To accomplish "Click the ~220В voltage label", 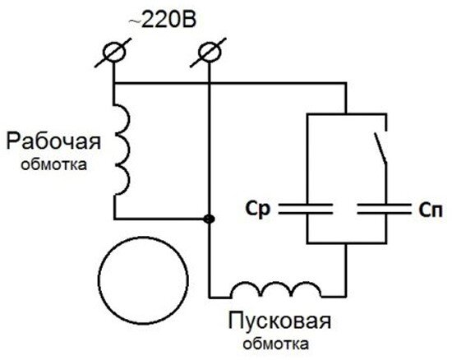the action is pos(162,21).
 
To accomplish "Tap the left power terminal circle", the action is pos(114,52).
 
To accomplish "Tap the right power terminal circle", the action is pos(210,52).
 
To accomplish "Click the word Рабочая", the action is pos(53,141).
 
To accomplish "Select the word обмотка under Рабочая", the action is pos(54,165).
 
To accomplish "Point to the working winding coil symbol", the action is pos(122,150).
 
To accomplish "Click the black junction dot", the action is pos(209,219).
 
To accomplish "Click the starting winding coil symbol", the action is pos(276,288).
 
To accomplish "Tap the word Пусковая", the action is pos(279,321).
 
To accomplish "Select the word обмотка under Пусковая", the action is pos(276,344).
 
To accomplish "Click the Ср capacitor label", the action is pos(258,209).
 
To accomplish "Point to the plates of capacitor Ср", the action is pos(306,209).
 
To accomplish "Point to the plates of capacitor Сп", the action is pos(385,209).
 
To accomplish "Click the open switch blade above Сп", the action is pos(381,148).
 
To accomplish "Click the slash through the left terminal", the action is pos(113,53).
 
